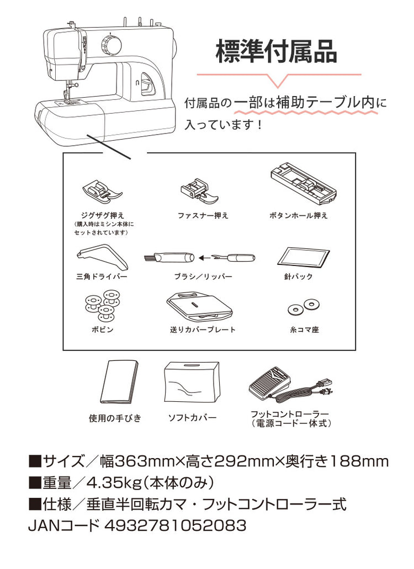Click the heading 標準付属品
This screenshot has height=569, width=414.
[277, 51]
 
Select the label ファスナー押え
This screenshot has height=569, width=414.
[203, 216]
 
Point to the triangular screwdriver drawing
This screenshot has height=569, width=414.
[102, 259]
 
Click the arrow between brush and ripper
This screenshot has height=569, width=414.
[207, 258]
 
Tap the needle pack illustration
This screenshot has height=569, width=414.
[304, 258]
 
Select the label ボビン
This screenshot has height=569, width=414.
[102, 330]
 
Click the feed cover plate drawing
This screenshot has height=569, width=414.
[200, 306]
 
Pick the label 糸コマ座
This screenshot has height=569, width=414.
[304, 330]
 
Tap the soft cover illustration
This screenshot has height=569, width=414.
[192, 382]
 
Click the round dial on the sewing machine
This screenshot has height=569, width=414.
[111, 45]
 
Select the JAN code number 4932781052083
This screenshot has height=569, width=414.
[175, 525]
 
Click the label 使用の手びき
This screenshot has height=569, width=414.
[115, 418]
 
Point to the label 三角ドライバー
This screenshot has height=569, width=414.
[102, 277]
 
